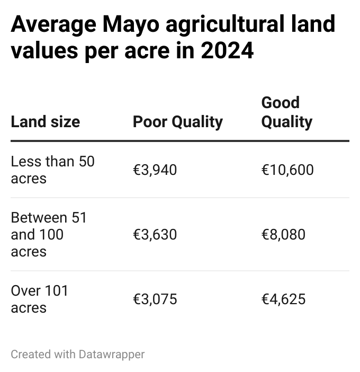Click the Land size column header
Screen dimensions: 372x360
pyautogui.click(x=45, y=122)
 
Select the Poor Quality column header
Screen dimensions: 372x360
pyautogui.click(x=177, y=122)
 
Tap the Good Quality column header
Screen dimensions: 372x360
pyautogui.click(x=287, y=112)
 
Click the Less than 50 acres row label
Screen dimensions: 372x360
pyautogui.click(x=52, y=170)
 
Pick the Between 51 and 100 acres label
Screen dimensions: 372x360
pyautogui.click(x=48, y=234)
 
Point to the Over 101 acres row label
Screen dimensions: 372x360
pyautogui.click(x=40, y=299)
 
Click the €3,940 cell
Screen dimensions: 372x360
pyautogui.click(x=155, y=170)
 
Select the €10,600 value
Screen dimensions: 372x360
pyautogui.click(x=287, y=170)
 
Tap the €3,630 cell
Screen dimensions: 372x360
pyautogui.click(x=155, y=234)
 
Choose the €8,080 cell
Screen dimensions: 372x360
pyautogui.click(x=283, y=234)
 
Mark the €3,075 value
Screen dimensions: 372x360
pyautogui.click(x=155, y=299)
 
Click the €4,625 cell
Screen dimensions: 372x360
pyautogui.click(x=283, y=299)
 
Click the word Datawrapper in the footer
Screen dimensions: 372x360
pyautogui.click(x=111, y=354)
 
